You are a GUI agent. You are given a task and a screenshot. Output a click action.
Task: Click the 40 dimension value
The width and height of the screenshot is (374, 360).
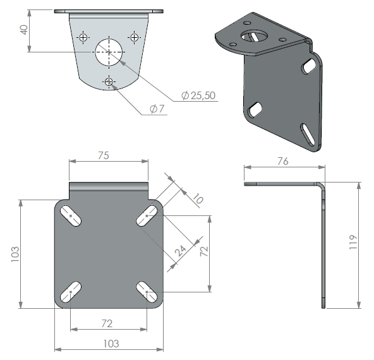pos(24,30)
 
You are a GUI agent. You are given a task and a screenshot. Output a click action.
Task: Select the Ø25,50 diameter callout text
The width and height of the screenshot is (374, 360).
pos(198,95)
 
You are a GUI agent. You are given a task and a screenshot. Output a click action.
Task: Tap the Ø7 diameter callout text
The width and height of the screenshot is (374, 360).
pos(157,109)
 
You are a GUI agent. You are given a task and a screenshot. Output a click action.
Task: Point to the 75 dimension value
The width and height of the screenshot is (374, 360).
pos(104,155)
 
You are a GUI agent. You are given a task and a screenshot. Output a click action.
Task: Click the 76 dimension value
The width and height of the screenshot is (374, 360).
pos(283,162)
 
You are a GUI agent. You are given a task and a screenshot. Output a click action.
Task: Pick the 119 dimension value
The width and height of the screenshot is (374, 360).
pos(353,243)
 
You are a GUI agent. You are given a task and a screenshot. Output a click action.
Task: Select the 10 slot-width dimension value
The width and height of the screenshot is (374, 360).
pos(198,198)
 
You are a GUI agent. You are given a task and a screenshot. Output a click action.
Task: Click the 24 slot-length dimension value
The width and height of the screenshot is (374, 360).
pos(181,251)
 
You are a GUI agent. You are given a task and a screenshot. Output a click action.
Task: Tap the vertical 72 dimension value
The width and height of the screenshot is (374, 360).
pos(204,251)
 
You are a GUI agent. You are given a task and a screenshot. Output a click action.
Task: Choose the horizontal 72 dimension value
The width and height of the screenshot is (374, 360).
pos(107,323)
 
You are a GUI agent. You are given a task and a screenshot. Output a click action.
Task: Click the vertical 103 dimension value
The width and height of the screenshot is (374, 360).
pos(15,254)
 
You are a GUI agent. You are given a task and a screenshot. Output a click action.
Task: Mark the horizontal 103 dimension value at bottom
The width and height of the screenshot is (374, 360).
pos(111,344)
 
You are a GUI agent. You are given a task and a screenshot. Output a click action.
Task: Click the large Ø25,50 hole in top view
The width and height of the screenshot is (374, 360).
pos(109,52)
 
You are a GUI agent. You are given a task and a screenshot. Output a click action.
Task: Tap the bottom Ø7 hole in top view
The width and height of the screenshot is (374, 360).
pos(109,82)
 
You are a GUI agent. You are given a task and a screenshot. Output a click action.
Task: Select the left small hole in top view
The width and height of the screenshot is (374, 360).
pos(83,37)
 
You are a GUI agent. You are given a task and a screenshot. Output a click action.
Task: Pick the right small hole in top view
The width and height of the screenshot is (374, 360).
pos(135,37)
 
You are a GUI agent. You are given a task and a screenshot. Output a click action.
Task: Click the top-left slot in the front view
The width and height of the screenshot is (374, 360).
pos(71,216)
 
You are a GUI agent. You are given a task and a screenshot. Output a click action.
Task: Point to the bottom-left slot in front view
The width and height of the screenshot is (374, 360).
pos(71,292)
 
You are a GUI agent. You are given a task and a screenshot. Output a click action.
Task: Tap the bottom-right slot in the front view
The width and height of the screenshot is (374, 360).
pos(147,292)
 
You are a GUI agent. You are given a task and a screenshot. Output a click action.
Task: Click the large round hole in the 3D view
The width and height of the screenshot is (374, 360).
pos(254,36)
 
